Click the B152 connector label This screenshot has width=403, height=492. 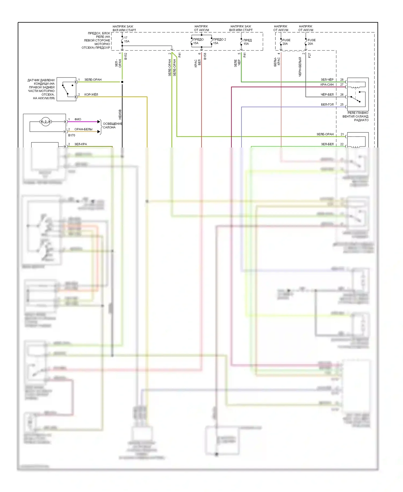[x=126, y=56]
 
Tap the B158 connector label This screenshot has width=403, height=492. [x=205, y=56]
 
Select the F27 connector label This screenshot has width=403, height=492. [x=310, y=55]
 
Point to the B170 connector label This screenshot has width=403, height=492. [x=71, y=135]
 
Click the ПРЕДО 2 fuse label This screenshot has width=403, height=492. [x=219, y=40]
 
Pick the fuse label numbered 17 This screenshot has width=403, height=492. [x=126, y=38]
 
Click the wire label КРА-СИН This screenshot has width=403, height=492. [x=327, y=85]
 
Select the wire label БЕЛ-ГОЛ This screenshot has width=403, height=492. [x=327, y=104]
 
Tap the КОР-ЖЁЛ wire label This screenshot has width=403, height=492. [x=91, y=94]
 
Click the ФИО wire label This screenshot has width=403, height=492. [x=78, y=119]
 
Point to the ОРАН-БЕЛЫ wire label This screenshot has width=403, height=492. [x=83, y=129]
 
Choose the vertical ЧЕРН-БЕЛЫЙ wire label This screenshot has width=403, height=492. [x=300, y=67]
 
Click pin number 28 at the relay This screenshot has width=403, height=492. [x=342, y=80]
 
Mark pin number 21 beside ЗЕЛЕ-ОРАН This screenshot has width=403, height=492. [x=342, y=134]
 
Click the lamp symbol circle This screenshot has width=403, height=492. [x=45, y=122]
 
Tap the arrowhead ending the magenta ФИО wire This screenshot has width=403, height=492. [x=99, y=122]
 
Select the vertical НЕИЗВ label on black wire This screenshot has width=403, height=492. [x=120, y=114]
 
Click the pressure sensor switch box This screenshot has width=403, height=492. [x=66, y=89]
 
